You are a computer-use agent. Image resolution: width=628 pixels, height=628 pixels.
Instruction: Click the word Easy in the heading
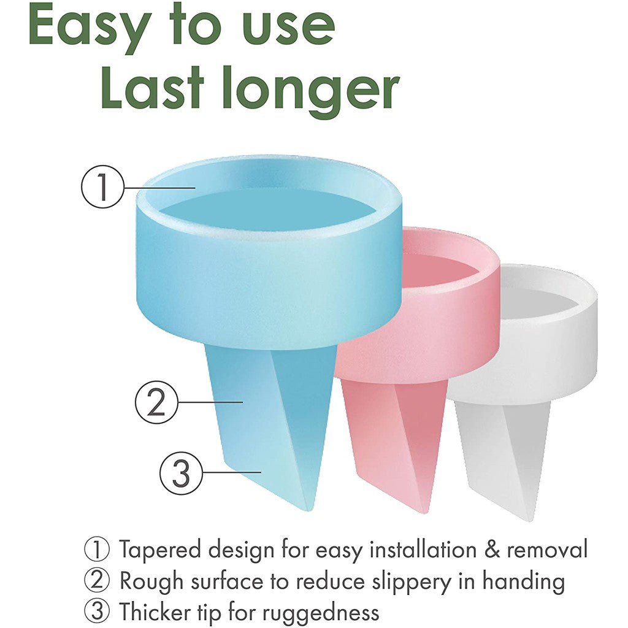tap(88, 28)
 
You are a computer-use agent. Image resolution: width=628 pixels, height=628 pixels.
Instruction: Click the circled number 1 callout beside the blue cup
tap(103, 186)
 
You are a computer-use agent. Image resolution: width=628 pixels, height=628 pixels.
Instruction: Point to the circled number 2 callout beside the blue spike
tap(156, 402)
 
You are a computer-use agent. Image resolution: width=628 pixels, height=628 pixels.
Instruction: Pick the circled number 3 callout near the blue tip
tap(181, 473)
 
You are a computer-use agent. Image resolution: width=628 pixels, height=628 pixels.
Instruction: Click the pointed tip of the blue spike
tap(308, 510)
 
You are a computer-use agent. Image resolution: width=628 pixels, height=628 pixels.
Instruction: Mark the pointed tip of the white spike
tap(532, 520)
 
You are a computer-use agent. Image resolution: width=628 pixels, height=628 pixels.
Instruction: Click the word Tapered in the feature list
tap(160, 550)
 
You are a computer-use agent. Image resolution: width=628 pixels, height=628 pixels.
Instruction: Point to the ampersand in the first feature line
tap(492, 549)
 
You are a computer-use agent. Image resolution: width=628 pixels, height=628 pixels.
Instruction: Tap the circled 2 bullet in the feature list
tap(96, 581)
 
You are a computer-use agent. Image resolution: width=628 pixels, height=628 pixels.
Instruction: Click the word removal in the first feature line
tap(547, 549)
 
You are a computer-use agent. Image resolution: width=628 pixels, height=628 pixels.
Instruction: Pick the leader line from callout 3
tap(231, 473)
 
